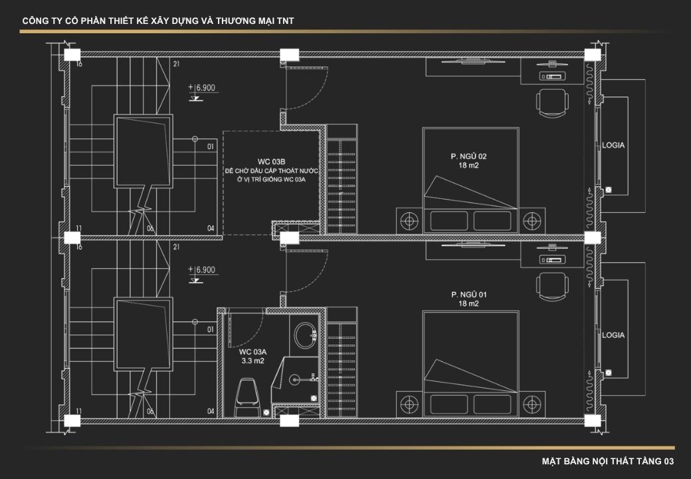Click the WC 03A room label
(252, 357)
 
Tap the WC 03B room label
(271, 162)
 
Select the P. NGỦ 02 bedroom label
(468, 160)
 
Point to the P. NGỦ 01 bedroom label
(468, 299)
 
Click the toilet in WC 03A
(248, 397)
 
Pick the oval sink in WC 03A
(304, 335)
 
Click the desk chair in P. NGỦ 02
(552, 102)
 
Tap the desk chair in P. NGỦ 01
(552, 287)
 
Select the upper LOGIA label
(613, 145)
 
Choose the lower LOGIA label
(613, 335)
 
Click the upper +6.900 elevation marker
(202, 91)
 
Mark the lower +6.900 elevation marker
(202, 273)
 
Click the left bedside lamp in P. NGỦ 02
(409, 220)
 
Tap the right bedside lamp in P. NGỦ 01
(532, 404)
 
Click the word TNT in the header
(286, 21)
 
